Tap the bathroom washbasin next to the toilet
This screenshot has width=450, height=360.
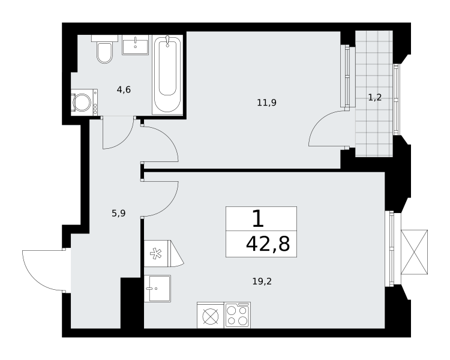135,45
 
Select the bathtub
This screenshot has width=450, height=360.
167,74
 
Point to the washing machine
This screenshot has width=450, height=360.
84,102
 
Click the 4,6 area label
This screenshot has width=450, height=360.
124,90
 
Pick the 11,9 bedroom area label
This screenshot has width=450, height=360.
266,103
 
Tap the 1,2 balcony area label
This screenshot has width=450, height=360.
375,98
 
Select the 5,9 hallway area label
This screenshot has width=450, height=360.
119,214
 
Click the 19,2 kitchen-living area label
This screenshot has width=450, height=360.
262,281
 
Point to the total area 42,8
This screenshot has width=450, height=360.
268,244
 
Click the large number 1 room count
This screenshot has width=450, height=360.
258,218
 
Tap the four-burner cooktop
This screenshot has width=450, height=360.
238,315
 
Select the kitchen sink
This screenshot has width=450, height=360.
158,289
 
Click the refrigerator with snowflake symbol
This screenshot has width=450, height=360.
164,253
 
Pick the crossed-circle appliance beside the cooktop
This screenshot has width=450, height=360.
211,315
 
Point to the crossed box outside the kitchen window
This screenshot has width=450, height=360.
414,252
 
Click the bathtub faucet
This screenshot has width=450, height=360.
167,41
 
